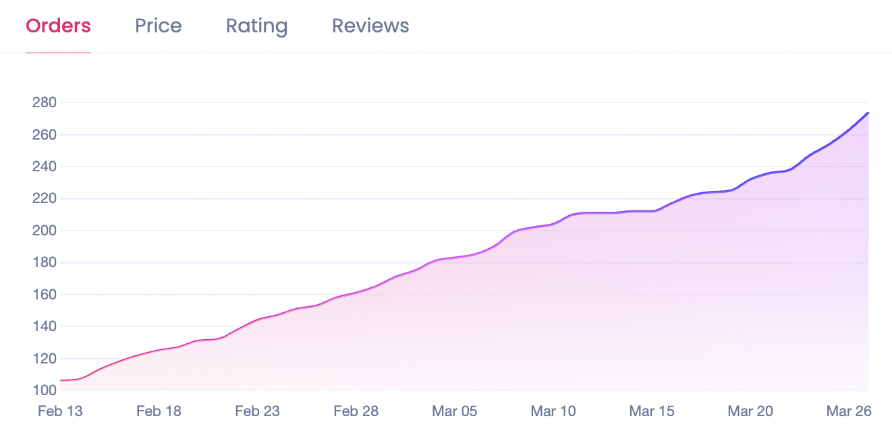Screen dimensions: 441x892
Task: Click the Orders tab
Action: click(58, 26)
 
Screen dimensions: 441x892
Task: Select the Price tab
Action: click(158, 26)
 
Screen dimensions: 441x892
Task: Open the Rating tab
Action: click(256, 26)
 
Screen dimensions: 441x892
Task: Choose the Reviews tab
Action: click(370, 26)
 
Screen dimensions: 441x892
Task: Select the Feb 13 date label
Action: click(60, 411)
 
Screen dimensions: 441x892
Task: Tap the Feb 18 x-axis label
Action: click(159, 411)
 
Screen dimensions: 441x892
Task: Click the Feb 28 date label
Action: click(356, 411)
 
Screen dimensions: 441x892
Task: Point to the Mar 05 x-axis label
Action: click(455, 411)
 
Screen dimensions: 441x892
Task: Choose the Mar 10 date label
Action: click(553, 411)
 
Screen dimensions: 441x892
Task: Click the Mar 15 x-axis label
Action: click(652, 411)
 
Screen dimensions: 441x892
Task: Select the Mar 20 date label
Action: click(750, 411)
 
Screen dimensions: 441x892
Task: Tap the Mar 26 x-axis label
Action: click(849, 411)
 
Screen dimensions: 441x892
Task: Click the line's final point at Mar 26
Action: click(868, 113)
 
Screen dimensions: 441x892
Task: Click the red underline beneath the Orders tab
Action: click(58, 53)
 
